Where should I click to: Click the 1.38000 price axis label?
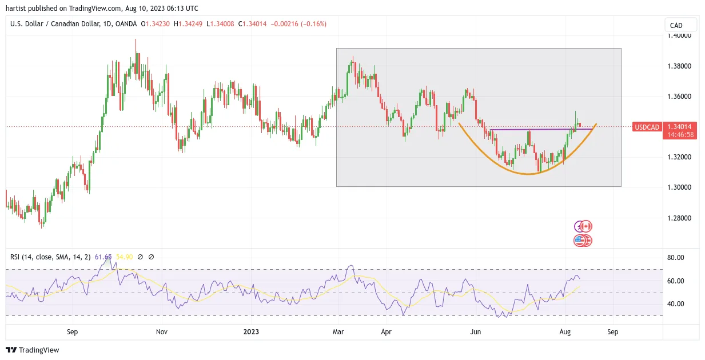click(x=679, y=66)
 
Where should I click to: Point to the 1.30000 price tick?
click(x=679, y=187)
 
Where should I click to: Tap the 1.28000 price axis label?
click(x=679, y=218)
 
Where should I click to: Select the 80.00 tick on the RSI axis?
click(x=675, y=258)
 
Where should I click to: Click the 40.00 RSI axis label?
click(x=675, y=304)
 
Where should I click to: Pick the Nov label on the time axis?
click(x=162, y=331)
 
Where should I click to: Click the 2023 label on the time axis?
click(x=251, y=331)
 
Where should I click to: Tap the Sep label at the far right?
click(x=613, y=331)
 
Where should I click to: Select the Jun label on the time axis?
click(x=476, y=331)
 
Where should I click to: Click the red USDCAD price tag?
click(x=647, y=127)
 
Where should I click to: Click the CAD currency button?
click(x=681, y=25)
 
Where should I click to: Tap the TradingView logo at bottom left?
click(x=33, y=350)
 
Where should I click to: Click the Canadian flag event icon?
click(x=585, y=226)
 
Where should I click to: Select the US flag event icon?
click(x=580, y=241)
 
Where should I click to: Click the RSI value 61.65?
click(x=103, y=257)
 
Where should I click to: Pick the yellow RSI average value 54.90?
click(x=124, y=257)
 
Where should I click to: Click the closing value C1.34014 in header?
click(x=252, y=24)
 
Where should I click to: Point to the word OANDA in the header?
click(x=126, y=24)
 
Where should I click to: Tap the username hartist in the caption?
click(x=16, y=9)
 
